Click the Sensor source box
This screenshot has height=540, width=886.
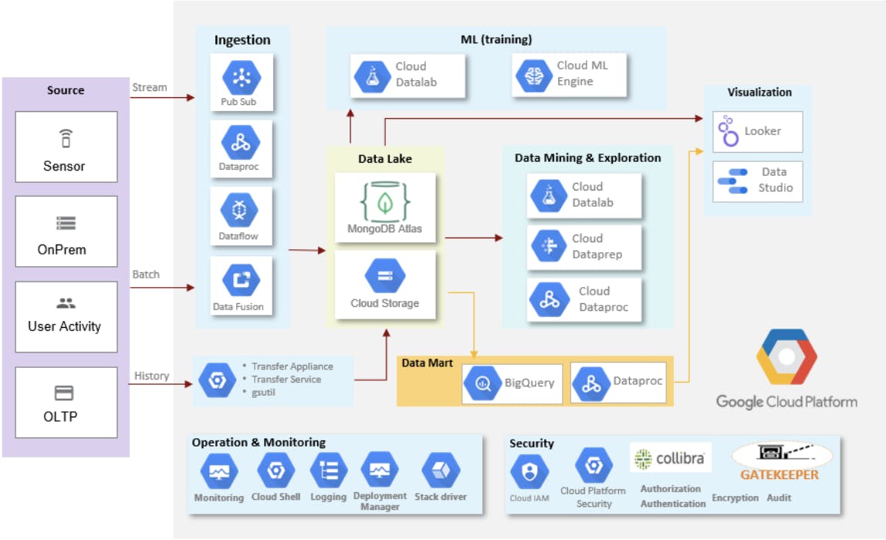coord(66,147)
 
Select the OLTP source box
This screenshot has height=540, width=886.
coord(66,402)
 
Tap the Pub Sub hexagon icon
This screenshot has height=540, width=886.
coord(242,77)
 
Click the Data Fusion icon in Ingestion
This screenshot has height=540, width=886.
coord(242,279)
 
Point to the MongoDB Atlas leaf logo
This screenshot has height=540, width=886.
coord(384,202)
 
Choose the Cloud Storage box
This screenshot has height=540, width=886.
coord(384,285)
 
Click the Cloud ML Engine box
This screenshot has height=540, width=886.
coord(570,74)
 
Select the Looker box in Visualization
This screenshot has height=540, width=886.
coord(757,131)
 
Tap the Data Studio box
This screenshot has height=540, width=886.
coord(757,181)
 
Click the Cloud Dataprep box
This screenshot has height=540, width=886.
coord(584,247)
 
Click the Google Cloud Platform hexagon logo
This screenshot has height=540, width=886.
coord(786,359)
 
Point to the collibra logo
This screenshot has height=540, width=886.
coord(669,458)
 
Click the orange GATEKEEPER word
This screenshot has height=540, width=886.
coord(779,474)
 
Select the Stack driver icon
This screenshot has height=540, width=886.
coord(441,471)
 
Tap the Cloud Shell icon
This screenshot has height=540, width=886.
coord(276,471)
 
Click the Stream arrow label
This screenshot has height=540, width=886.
coord(149,87)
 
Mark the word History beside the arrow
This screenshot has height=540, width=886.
coord(151,376)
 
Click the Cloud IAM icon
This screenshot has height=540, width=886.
coord(529,471)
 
